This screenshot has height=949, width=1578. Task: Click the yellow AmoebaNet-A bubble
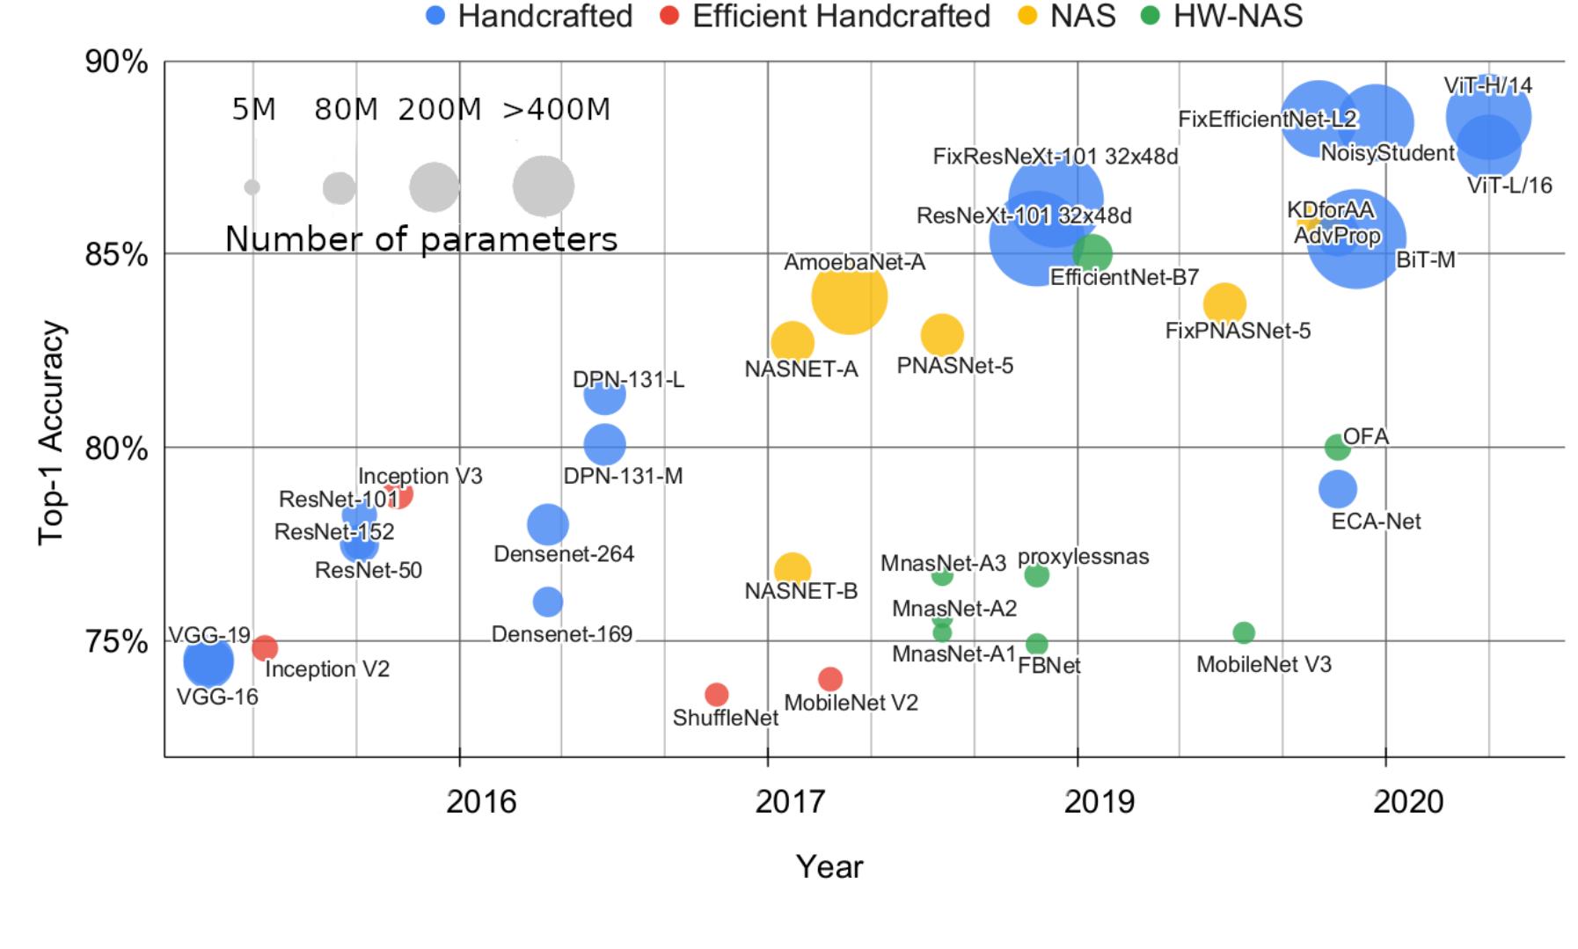pos(848,297)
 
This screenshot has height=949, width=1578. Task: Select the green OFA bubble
pos(1336,448)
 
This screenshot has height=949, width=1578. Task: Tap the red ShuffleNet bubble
pos(716,695)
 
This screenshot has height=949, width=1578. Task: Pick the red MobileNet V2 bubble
pos(829,679)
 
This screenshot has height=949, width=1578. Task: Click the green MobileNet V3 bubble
pos(1243,632)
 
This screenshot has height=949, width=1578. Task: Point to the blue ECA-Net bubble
pos(1337,488)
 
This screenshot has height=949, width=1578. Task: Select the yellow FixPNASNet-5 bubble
pos(1224,304)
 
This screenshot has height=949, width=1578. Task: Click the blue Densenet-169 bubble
pos(547,602)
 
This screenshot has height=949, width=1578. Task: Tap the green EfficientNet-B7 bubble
pos(1092,254)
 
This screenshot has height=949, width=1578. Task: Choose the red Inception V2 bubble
pos(264,648)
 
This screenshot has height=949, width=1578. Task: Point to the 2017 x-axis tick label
pos(791,802)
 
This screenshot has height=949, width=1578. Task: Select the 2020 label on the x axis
pos(1408,802)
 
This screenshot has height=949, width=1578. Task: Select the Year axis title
pos(829,867)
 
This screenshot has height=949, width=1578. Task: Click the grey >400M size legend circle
pos(544,186)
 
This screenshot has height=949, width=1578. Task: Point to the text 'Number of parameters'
pos(421,239)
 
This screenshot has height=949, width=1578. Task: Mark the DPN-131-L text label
pos(628,380)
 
